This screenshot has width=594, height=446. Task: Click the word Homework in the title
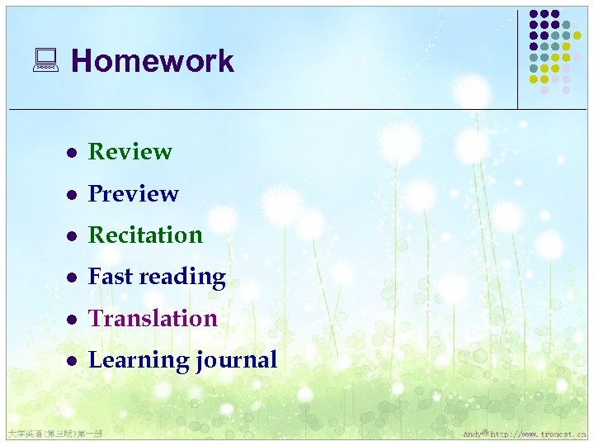(x=153, y=61)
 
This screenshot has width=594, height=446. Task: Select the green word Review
(x=130, y=152)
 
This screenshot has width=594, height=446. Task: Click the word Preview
(x=134, y=193)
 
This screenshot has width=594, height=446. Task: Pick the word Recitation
(x=145, y=235)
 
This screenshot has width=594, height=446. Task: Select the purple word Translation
(x=153, y=318)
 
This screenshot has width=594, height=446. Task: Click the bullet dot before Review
(x=72, y=153)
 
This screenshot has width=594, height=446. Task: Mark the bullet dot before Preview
(x=72, y=194)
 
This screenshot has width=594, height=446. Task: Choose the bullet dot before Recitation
(x=72, y=236)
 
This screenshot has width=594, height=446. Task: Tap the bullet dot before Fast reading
(x=72, y=278)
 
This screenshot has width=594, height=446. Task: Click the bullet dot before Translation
(x=72, y=319)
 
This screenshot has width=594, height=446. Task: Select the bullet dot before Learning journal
(x=72, y=361)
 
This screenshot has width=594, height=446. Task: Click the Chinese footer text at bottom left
(x=53, y=434)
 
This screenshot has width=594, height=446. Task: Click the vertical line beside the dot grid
(x=518, y=58)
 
